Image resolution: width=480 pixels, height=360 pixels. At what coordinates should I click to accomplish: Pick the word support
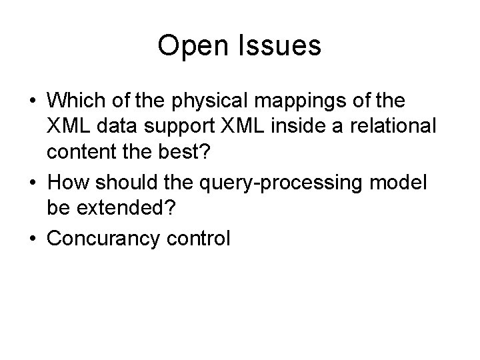(177, 126)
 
